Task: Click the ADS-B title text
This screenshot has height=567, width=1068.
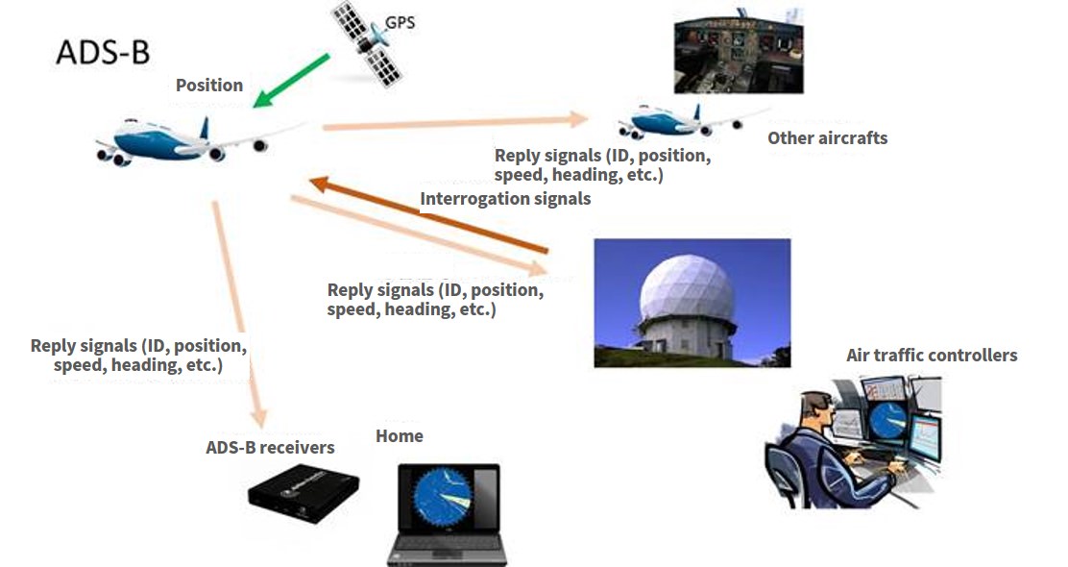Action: [x=103, y=53]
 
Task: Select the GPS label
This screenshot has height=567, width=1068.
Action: [x=400, y=22]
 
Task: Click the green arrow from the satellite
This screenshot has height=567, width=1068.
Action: [x=292, y=81]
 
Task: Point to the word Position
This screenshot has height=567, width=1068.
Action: [x=209, y=86]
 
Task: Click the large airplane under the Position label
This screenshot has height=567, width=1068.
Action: [x=199, y=141]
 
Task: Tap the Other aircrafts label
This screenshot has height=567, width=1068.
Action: [x=828, y=138]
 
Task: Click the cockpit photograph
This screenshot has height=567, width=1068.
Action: [x=739, y=51]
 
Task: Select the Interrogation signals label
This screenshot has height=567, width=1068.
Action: [x=505, y=199]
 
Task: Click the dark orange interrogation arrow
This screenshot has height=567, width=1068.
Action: [x=428, y=215]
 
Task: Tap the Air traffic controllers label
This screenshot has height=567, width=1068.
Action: [x=932, y=355]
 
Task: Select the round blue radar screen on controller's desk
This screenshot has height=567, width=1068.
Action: [x=888, y=421]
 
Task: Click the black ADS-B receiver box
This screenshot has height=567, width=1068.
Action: [x=303, y=493]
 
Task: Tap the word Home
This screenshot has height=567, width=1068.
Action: [x=400, y=436]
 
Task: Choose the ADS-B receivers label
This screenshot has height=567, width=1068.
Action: [x=271, y=448]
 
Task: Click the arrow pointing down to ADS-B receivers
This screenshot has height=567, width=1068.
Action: [x=238, y=314]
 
